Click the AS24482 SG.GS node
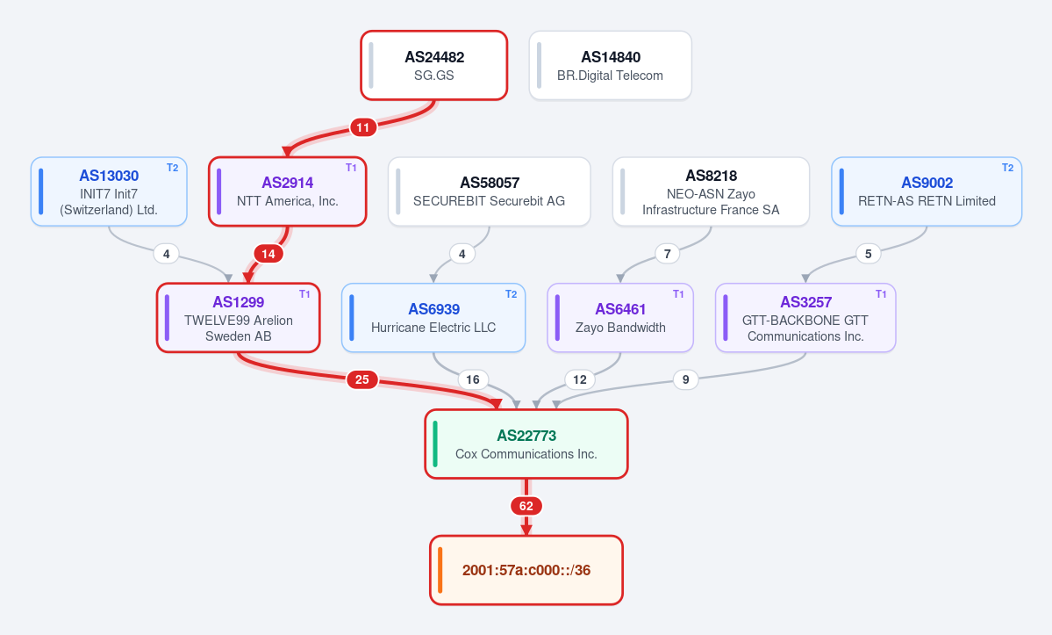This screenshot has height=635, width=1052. pyautogui.click(x=434, y=66)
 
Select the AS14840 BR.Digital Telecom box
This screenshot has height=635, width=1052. pyautogui.click(x=611, y=66)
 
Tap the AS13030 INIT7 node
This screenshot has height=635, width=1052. pyautogui.click(x=109, y=192)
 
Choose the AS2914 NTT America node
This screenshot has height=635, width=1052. pyautogui.click(x=287, y=192)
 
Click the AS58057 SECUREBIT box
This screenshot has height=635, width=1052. pyautogui.click(x=489, y=192)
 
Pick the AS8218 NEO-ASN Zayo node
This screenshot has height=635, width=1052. pyautogui.click(x=712, y=192)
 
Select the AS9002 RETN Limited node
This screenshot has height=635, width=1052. pyautogui.click(x=927, y=192)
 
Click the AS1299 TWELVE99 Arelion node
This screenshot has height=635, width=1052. pyautogui.click(x=238, y=318)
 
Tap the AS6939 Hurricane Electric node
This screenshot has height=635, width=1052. pyautogui.click(x=433, y=318)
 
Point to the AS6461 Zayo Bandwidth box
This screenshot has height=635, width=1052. pyautogui.click(x=620, y=318)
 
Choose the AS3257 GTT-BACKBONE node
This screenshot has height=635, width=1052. pyautogui.click(x=805, y=318)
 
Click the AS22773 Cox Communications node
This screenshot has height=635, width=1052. pyautogui.click(x=526, y=444)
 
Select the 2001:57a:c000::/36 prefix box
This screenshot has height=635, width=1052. pyautogui.click(x=526, y=571)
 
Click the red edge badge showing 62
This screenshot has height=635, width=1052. pyautogui.click(x=526, y=506)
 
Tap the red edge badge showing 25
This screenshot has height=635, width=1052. pyautogui.click(x=362, y=380)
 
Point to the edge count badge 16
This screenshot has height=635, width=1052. pyautogui.click(x=473, y=380)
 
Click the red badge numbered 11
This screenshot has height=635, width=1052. pyautogui.click(x=363, y=127)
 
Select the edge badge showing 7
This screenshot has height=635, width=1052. pyautogui.click(x=668, y=254)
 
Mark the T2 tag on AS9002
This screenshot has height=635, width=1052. pyautogui.click(x=1008, y=168)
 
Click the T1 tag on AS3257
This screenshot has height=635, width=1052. pyautogui.click(x=881, y=294)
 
